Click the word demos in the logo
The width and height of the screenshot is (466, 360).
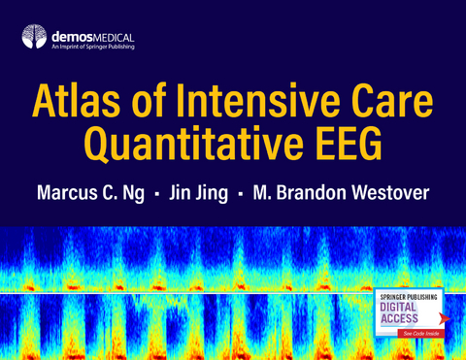(71, 36)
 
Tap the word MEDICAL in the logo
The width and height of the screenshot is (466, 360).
(114, 36)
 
